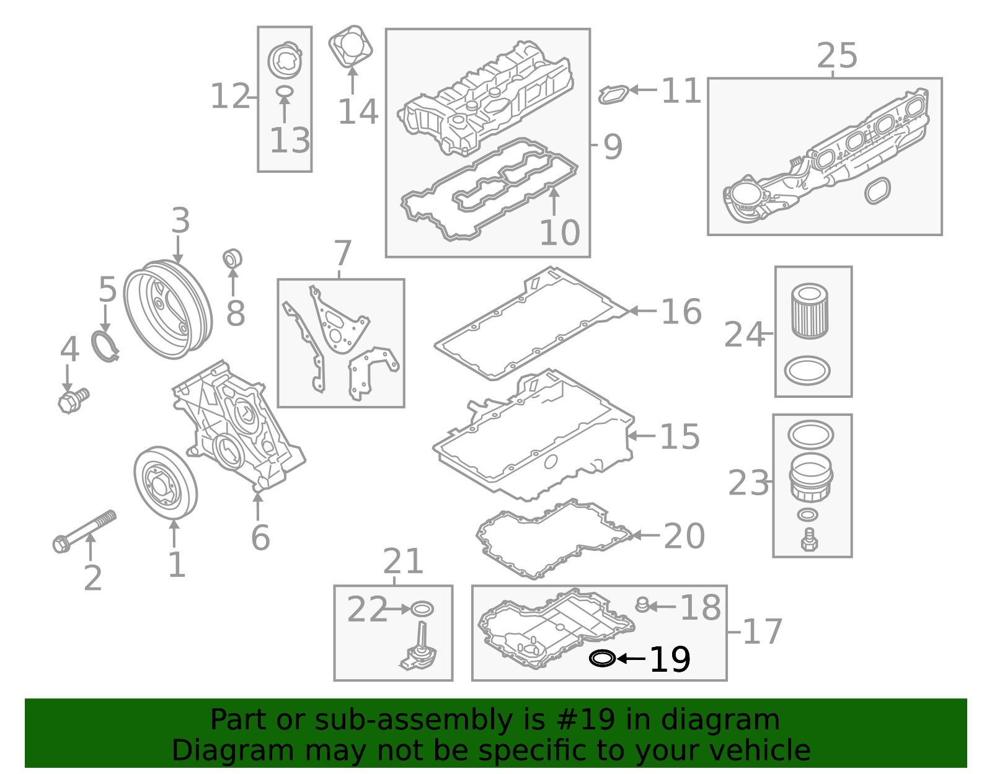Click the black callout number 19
coord(670,659)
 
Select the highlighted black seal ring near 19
coord(602,658)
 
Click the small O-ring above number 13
coord(284,92)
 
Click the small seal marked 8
coord(232,258)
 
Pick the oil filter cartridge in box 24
coord(810,311)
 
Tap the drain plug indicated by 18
coord(643,604)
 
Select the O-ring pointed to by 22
coord(422,609)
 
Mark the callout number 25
coord(837,56)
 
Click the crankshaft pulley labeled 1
coord(165,483)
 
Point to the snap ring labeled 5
coord(105,346)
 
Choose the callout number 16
coord(681,312)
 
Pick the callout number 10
coord(559,233)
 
